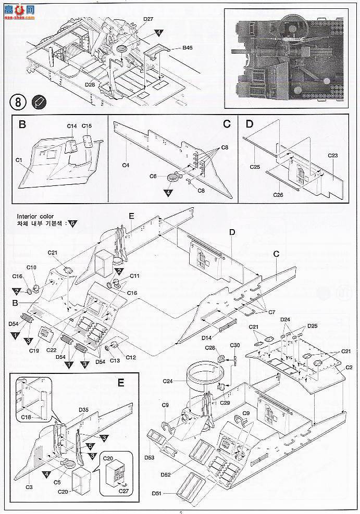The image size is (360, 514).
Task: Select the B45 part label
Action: [188, 48]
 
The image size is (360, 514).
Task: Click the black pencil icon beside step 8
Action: [39, 102]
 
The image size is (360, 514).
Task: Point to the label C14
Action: [71, 126]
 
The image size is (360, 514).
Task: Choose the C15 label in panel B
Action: [86, 126]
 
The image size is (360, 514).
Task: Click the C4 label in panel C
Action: [126, 166]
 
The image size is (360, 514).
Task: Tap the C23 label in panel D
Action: [333, 155]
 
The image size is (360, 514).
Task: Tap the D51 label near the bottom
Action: [157, 493]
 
